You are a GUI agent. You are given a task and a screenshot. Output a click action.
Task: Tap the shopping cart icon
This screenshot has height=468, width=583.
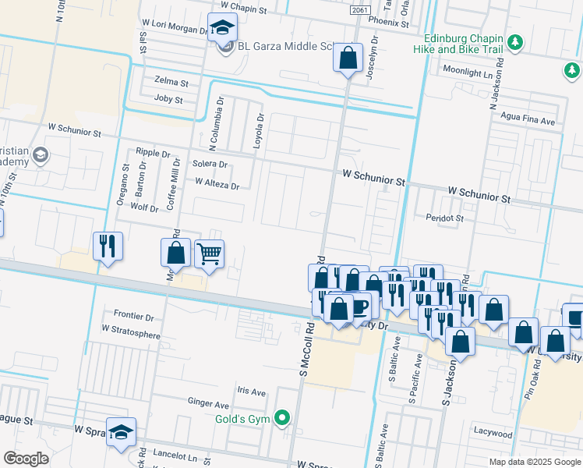(x=209, y=253)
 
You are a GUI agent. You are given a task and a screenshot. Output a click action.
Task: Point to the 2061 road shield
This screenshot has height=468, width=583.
(x=359, y=9)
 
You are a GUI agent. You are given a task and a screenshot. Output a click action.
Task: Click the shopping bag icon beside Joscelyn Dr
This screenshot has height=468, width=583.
(x=348, y=57)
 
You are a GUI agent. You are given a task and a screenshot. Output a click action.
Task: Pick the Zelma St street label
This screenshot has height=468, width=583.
(x=171, y=82)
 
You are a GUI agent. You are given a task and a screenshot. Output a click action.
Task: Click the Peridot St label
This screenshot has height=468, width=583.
(x=444, y=218)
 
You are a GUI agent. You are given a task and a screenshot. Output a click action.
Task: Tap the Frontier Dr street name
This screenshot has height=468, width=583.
(x=134, y=317)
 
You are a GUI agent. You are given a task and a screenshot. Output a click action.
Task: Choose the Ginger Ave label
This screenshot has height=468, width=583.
(x=208, y=405)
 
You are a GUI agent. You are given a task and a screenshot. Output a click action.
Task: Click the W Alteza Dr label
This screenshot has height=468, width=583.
(x=217, y=183)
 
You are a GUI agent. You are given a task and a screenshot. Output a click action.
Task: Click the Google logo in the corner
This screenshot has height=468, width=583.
(x=26, y=459)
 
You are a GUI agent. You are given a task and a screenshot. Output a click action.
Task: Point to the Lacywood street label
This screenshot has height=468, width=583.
(x=493, y=433)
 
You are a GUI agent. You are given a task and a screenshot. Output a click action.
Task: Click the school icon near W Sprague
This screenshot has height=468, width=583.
(x=121, y=432)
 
